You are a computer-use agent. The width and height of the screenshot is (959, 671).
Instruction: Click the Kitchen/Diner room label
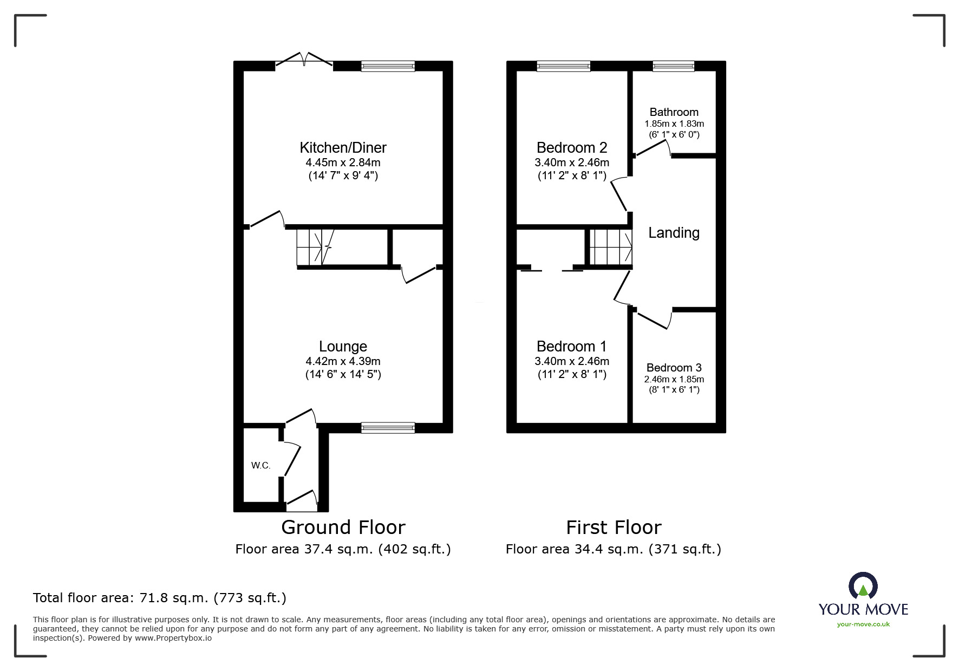pyautogui.click(x=343, y=147)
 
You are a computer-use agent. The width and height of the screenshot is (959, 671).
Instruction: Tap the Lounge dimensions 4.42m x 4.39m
pyautogui.click(x=343, y=361)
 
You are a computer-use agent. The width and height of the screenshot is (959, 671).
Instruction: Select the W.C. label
pyautogui.click(x=260, y=465)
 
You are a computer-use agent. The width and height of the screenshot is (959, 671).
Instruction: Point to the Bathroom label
pyautogui.click(x=674, y=112)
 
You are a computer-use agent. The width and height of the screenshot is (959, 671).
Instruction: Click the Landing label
pyautogui.click(x=674, y=233)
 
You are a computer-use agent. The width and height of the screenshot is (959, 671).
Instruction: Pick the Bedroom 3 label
pyautogui.click(x=674, y=368)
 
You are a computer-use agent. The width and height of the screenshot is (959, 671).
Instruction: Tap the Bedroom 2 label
pyautogui.click(x=571, y=147)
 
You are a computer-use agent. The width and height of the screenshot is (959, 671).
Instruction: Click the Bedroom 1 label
pyautogui.click(x=571, y=346)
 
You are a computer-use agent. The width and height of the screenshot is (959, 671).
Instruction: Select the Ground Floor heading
pyautogui.click(x=343, y=527)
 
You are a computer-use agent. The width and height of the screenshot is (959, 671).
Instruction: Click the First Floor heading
pyautogui.click(x=614, y=527)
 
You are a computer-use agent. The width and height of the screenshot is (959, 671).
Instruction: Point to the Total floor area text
pyautogui.click(x=160, y=598)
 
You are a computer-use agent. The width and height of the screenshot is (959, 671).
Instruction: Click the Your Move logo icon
pyautogui.click(x=863, y=586)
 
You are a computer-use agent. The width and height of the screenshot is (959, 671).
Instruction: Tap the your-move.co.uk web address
pyautogui.click(x=863, y=624)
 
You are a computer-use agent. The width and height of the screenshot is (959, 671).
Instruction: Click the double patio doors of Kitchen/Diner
pyautogui.click(x=304, y=60)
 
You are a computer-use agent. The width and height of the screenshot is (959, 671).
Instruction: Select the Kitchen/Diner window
pyautogui.click(x=388, y=66)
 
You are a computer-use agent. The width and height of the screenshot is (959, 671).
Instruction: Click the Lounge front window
pyautogui.click(x=388, y=428)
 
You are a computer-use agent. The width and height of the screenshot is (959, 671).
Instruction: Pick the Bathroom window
pyautogui.click(x=673, y=66)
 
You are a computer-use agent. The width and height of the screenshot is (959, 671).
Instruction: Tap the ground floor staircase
pyautogui.click(x=316, y=247)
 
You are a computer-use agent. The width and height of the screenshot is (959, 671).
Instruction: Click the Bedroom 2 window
pyautogui.click(x=563, y=66)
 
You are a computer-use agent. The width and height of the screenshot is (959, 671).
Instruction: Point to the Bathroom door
pyautogui.click(x=653, y=149)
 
